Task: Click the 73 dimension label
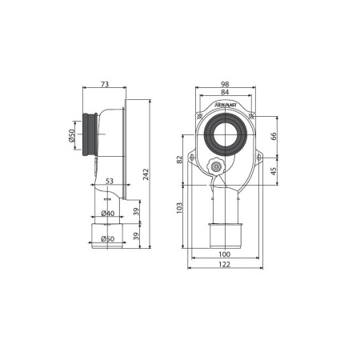click(x=105, y=84)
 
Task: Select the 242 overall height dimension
click(x=146, y=174)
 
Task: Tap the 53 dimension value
click(x=110, y=181)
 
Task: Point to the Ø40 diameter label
click(x=108, y=214)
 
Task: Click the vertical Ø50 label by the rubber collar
click(x=71, y=135)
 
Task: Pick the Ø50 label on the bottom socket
click(x=108, y=238)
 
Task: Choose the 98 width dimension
click(x=225, y=84)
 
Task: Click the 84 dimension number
click(x=225, y=92)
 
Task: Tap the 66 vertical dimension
click(x=274, y=136)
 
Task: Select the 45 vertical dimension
click(x=274, y=171)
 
